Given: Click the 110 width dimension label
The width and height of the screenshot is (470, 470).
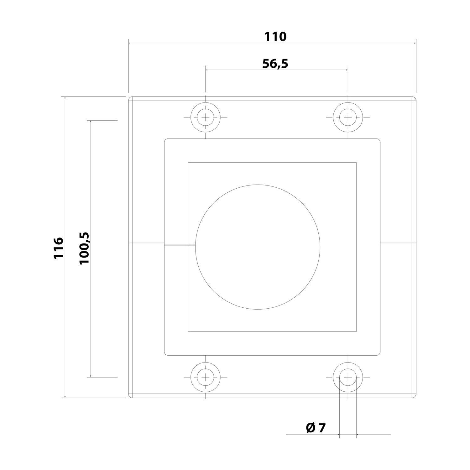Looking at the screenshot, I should click(275, 37).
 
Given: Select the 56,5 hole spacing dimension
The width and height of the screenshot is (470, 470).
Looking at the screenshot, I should click(275, 64).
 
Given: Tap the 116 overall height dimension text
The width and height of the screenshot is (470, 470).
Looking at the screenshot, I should click(59, 248).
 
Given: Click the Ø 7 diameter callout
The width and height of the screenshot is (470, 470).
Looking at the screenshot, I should click(316, 428).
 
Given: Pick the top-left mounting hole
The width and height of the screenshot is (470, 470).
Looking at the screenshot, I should click(205, 117).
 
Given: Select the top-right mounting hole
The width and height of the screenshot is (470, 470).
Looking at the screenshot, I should click(348, 117).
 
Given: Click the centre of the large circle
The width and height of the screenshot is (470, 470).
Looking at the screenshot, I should click(258, 247).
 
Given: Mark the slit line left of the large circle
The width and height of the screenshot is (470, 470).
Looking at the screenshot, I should click(180, 245).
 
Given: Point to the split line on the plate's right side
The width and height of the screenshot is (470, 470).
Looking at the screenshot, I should click(398, 243).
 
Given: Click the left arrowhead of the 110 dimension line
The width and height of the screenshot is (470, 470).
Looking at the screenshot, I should click(130, 43).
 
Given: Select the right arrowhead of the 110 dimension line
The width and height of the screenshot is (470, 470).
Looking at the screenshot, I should click(415, 43).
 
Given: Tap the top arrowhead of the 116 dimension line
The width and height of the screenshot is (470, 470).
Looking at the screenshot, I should click(65, 98).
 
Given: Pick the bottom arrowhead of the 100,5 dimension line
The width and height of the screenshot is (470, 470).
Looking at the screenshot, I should click(91, 376).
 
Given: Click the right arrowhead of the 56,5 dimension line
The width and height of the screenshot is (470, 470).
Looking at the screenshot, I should click(347, 70).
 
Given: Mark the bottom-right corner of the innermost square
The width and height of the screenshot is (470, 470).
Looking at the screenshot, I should click(356, 332).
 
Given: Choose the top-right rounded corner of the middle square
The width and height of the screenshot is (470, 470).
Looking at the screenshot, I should click(379, 140).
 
